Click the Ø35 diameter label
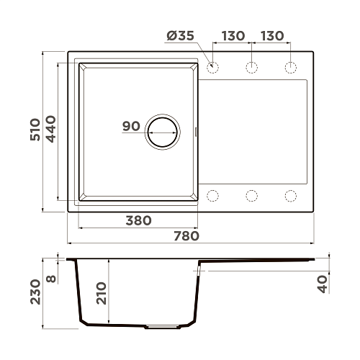180,36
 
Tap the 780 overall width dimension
186,236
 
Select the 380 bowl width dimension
139,220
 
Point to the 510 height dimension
35,130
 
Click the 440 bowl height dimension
50,129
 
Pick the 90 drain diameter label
131,126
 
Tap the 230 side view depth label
35,292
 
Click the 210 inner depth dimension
101,293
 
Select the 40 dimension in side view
323,284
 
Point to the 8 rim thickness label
51,279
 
